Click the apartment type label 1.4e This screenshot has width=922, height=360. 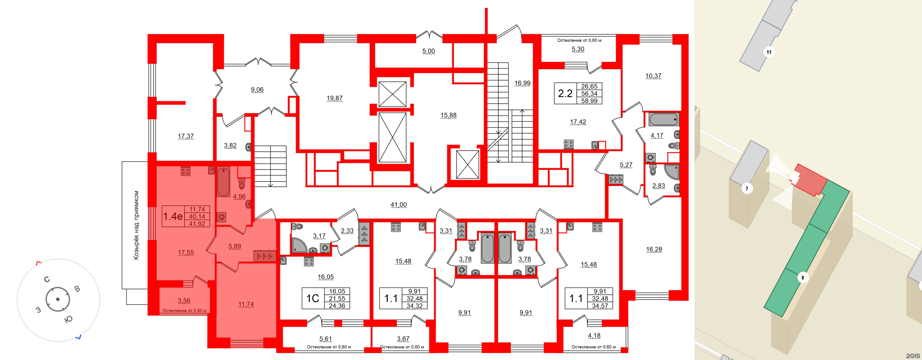(x=173, y=216)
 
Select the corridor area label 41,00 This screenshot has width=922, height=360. (x=399, y=205)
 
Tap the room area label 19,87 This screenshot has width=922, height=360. (x=334, y=98)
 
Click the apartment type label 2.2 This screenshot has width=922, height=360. (x=565, y=94)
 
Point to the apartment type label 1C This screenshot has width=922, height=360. (x=313, y=299)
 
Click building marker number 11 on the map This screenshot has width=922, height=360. (x=769, y=52)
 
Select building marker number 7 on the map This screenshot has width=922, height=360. (x=747, y=189)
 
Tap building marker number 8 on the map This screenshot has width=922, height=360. (x=803, y=278)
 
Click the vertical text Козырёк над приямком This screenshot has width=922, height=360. (x=136, y=225)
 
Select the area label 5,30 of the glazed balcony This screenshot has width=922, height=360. (x=578, y=49)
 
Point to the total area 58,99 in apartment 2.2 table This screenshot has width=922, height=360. (x=589, y=101)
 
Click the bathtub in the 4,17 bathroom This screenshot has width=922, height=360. (x=664, y=120)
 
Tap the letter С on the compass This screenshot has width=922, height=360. (x=47, y=280)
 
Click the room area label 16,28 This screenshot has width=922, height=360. (x=654, y=249)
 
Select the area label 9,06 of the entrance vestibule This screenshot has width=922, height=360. (x=257, y=90)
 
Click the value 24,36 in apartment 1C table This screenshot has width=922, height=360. (x=337, y=306)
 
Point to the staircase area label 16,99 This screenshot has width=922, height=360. (x=522, y=83)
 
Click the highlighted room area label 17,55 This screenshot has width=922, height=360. (x=186, y=252)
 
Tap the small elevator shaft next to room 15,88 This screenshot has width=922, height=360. (x=468, y=164)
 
